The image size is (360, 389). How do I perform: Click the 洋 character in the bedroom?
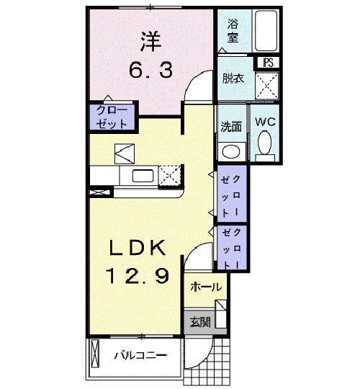click(150, 43)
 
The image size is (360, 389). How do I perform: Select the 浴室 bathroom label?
click(233, 31)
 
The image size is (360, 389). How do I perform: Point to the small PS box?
click(269, 63)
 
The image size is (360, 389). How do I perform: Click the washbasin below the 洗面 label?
click(231, 151)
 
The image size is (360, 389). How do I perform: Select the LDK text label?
click(139, 249)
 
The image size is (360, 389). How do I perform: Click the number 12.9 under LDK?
click(139, 275)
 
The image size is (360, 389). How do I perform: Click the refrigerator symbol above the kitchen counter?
click(123, 152)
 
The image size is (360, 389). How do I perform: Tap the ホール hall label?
click(206, 287)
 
